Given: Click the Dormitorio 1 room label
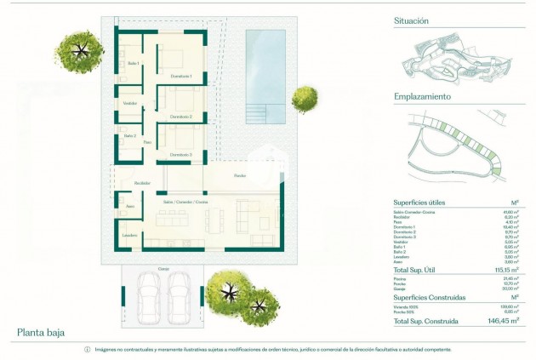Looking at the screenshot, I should click(x=180, y=77).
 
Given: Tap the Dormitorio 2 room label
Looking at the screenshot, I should click(x=180, y=116).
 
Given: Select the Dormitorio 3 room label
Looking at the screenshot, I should click(x=180, y=154).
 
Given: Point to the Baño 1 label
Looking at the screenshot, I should click(x=133, y=64).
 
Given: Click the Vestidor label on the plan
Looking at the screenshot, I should click(x=130, y=103).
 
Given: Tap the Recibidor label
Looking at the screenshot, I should click(x=142, y=182).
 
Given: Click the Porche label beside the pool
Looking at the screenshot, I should click(x=241, y=176).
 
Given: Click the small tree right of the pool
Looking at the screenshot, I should click(x=304, y=100).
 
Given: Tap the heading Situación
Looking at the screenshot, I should click(x=412, y=20).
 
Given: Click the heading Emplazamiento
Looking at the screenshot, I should click(x=422, y=96).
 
